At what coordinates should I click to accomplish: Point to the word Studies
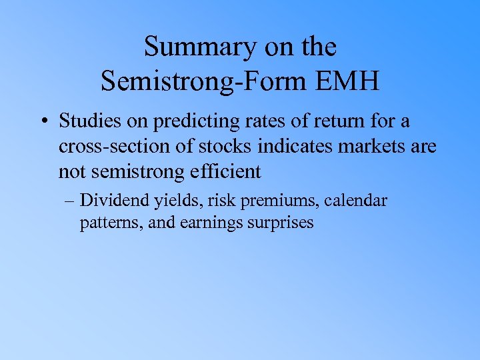coord(89,121)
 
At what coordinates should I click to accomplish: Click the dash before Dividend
coord(85,201)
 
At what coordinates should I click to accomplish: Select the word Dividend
coord(126,201)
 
